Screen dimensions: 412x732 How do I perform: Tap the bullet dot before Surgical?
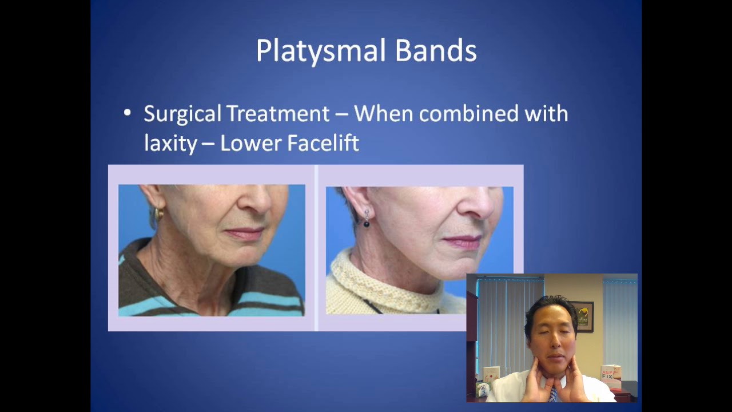click(128, 113)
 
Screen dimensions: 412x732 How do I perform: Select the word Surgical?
click(181, 114)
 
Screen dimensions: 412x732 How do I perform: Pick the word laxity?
click(169, 143)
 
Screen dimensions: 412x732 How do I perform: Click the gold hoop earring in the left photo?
click(158, 214)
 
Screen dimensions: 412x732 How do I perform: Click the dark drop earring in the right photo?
click(366, 220)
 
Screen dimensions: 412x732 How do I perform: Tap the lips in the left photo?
click(245, 232)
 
